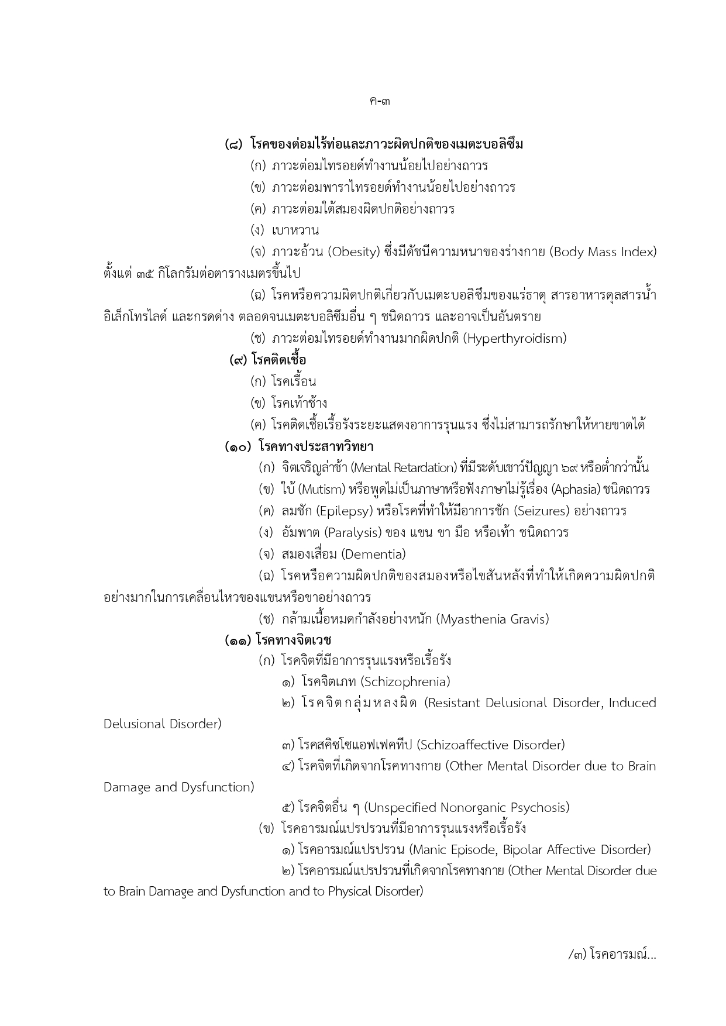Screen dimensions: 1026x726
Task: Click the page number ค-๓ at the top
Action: click(x=380, y=101)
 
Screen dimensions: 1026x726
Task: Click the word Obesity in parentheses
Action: click(x=355, y=252)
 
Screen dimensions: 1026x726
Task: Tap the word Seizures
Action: click(x=542, y=511)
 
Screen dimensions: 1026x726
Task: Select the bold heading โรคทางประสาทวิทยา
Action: click(x=316, y=447)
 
